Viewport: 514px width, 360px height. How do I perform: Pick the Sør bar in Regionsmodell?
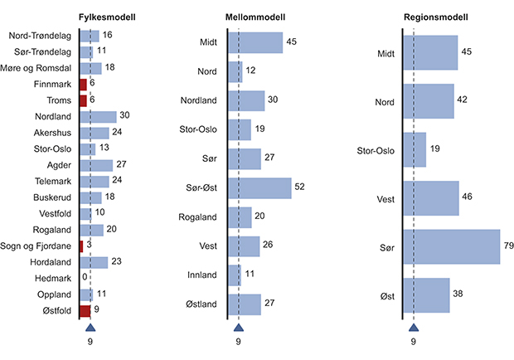[x=452, y=246]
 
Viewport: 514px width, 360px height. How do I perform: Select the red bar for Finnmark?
[x=83, y=84]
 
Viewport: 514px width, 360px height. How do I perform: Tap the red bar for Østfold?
[x=85, y=310]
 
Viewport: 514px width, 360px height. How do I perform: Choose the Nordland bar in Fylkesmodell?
[x=98, y=117]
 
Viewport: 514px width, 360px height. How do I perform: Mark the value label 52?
[x=300, y=187]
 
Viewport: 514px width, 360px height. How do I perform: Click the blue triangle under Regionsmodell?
[x=413, y=328]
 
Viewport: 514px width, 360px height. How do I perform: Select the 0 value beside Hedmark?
[x=85, y=278]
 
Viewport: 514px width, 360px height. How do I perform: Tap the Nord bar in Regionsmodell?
[x=429, y=101]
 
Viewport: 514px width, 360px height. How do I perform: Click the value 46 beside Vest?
[x=468, y=198]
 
